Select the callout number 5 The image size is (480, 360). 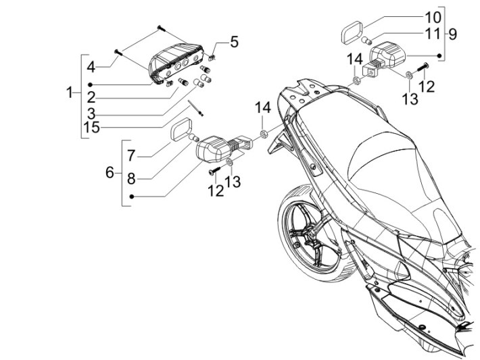[234, 42]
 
